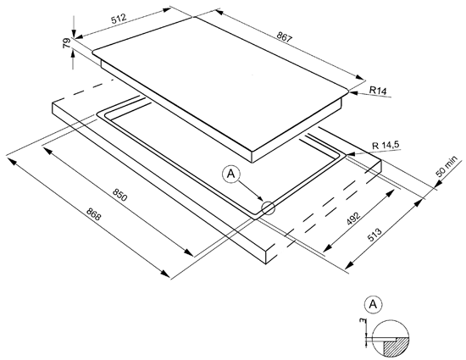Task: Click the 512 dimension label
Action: (x=119, y=19)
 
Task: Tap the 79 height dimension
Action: (x=67, y=43)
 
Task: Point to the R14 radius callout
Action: (x=378, y=90)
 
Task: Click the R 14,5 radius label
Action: (x=386, y=146)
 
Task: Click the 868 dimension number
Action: (x=93, y=213)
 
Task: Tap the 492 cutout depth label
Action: (x=353, y=219)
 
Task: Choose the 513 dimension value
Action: (x=374, y=235)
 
